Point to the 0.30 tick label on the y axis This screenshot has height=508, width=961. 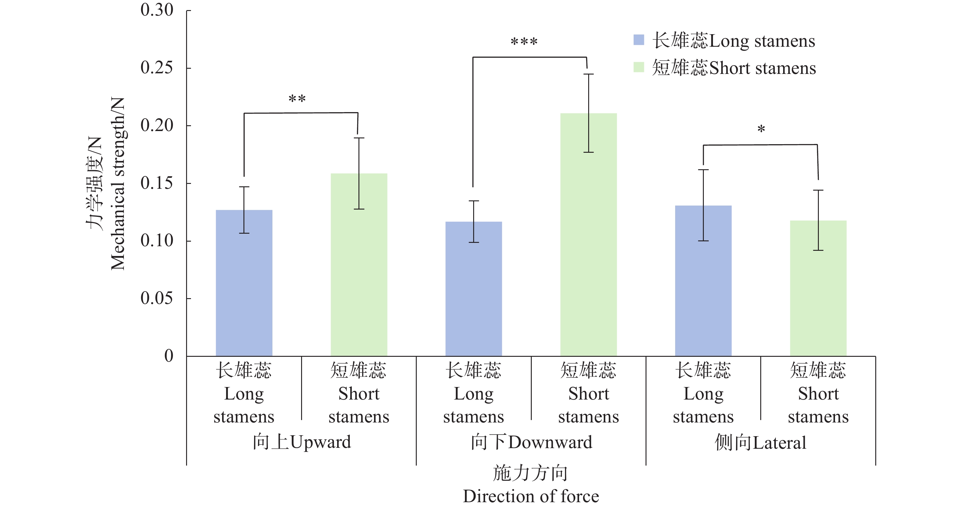[157, 10]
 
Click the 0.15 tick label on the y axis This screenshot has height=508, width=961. [157, 183]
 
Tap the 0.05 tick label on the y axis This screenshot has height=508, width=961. [157, 298]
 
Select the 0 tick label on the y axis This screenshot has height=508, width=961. [169, 356]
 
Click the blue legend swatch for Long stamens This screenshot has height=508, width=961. [639, 40]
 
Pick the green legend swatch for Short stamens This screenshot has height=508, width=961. [639, 67]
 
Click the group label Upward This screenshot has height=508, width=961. [302, 442]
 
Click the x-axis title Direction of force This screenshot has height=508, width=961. [531, 496]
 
